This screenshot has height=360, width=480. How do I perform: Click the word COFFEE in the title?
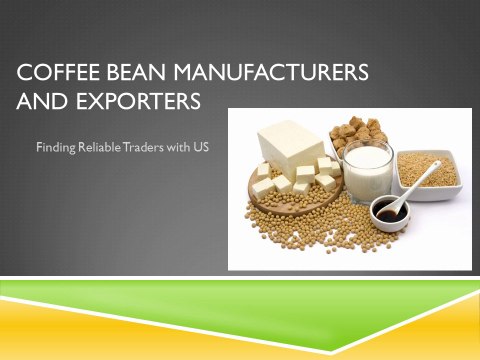[54, 73]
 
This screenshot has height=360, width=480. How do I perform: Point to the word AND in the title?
[37, 101]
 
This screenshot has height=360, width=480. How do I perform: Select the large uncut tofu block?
[292, 148]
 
